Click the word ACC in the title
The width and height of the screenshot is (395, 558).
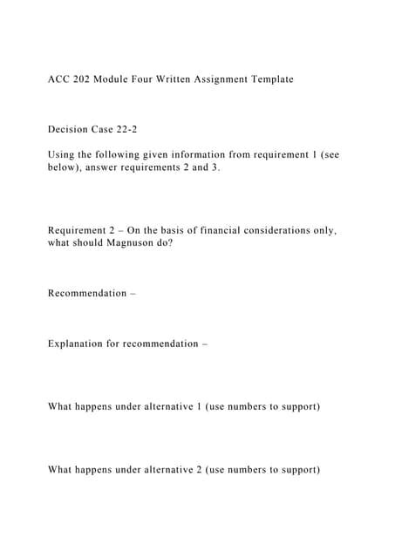pyautogui.click(x=59, y=79)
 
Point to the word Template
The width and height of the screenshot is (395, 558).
pyautogui.click(x=270, y=79)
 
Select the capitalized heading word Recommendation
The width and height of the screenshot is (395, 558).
pyautogui.click(x=87, y=293)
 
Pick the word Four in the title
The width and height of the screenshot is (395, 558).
pyautogui.click(x=146, y=79)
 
